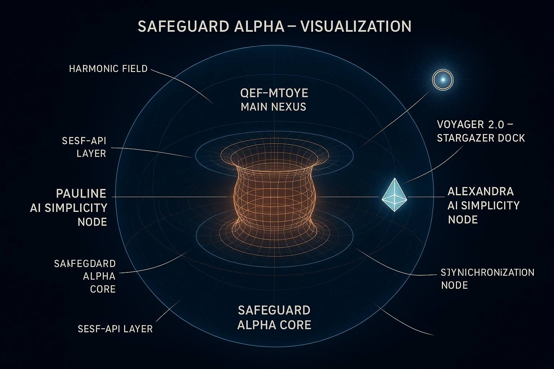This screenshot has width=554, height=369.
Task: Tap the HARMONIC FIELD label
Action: point(108,68)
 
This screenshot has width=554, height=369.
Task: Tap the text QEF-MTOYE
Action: point(274,93)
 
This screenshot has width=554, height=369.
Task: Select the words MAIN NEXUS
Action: point(273,107)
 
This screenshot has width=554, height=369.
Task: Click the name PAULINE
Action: point(81,194)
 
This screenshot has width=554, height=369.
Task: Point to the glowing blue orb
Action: point(443,79)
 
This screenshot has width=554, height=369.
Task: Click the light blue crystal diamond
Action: point(394,195)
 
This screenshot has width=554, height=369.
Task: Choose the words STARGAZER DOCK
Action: point(481,138)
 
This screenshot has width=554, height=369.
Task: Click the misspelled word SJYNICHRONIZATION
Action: point(488,272)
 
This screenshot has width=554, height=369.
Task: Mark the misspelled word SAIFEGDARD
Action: point(85,263)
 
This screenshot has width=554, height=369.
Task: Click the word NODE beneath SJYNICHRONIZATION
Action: point(454,285)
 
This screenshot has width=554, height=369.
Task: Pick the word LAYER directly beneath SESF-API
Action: point(91,153)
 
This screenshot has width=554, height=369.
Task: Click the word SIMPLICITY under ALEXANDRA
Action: point(494,205)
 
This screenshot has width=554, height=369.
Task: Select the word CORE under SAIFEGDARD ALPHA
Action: point(103,289)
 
